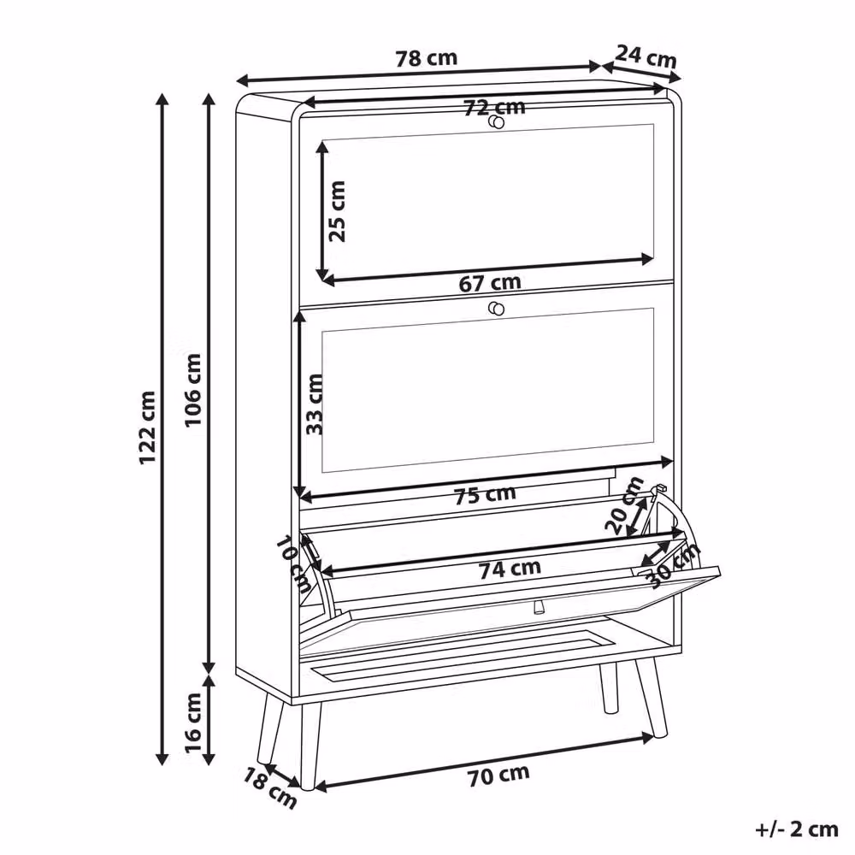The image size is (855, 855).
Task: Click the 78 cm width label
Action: coord(427,58)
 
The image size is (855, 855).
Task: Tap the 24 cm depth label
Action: coord(646,56)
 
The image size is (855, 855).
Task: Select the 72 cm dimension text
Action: coord(494,108)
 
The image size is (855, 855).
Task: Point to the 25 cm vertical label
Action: coord(337,211)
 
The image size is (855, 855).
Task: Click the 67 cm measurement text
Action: coord(490,283)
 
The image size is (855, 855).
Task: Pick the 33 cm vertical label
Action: coord(315,404)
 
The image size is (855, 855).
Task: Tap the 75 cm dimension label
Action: coord(485,494)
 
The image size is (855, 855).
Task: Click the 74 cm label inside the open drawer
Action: coord(510,569)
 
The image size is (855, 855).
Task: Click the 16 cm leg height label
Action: coord(193,723)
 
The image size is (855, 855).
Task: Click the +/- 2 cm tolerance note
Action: coord(797,829)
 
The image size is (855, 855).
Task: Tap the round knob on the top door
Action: coord(496,122)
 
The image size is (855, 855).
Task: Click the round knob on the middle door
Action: coord(496,310)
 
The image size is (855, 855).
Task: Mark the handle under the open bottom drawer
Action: coord(539,606)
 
